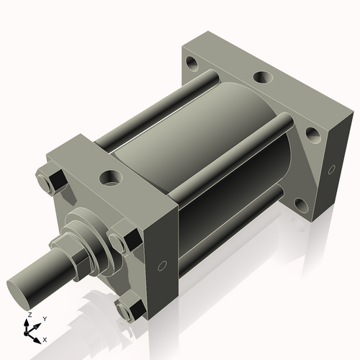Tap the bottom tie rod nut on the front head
coord(132,311)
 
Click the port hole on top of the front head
coord(111,175)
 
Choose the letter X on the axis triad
coord(45,338)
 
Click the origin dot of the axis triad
coord(30,332)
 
